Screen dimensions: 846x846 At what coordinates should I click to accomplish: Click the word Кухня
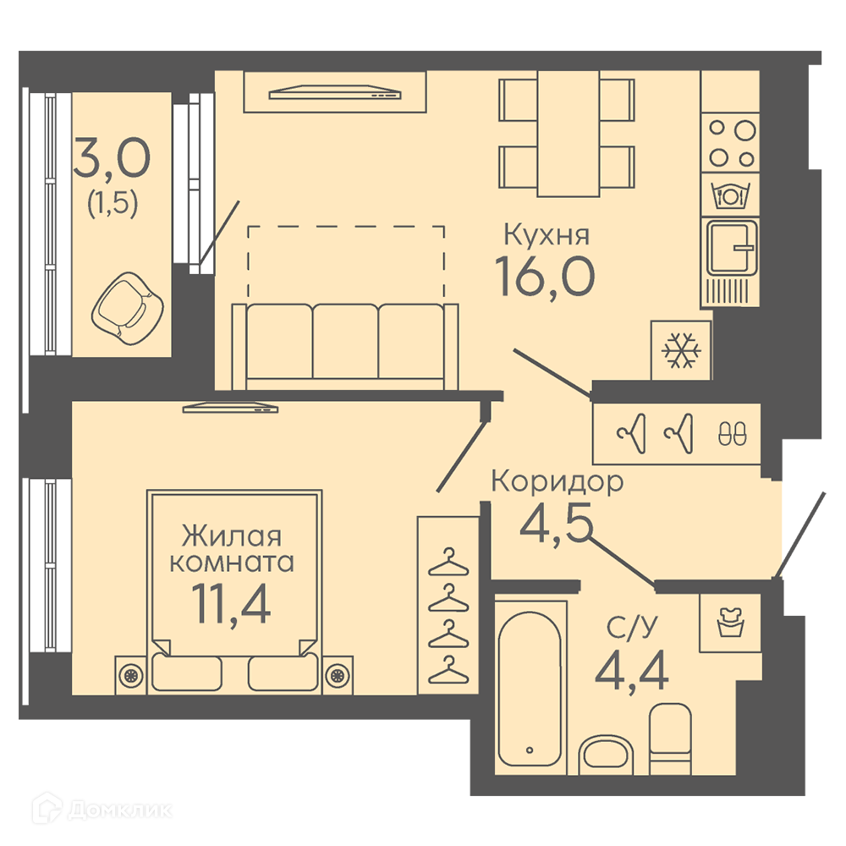coord(546,235)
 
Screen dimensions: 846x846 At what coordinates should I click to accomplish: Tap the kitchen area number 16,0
coord(544,277)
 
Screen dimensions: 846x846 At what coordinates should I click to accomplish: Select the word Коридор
coord(558,481)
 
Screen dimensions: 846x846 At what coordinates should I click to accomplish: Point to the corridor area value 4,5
coord(557,522)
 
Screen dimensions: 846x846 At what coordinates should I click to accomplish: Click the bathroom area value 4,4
coord(632,669)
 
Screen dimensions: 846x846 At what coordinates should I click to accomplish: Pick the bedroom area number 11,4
coord(230,603)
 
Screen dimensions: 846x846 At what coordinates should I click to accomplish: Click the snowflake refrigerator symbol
coord(681,350)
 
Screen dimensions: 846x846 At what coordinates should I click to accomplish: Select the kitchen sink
coord(732,248)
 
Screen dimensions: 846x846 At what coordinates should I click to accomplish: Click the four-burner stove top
coord(731,143)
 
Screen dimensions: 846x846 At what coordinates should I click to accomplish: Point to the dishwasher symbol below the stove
coord(731,195)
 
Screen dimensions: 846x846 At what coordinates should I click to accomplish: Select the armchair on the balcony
coord(128,308)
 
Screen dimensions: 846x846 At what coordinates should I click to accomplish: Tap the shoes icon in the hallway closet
coord(732,432)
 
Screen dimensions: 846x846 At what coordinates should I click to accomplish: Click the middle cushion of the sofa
coord(345,341)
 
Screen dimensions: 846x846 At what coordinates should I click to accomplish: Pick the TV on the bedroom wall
coord(230,408)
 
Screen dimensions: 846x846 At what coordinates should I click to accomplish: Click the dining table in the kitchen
coord(568,134)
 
